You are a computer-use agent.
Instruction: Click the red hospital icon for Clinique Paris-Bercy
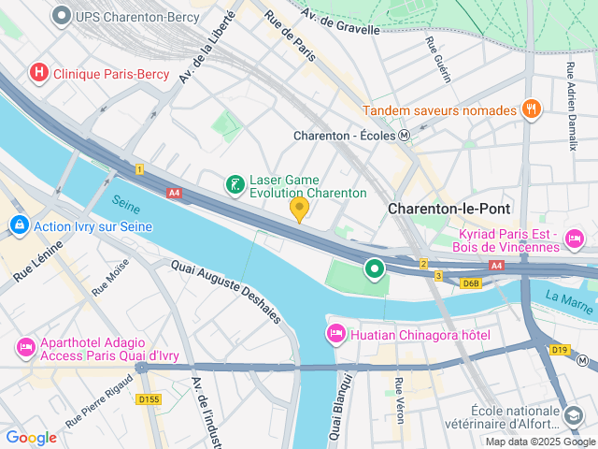coord(39,72)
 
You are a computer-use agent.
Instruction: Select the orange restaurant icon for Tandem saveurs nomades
coord(531,109)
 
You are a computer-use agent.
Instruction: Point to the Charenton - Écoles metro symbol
coord(404,135)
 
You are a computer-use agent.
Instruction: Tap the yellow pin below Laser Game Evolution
coord(299,209)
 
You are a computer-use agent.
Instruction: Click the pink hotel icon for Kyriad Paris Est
coord(574,240)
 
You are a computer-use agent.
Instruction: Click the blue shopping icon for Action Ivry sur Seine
coord(19,225)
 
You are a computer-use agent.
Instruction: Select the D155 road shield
coord(149,399)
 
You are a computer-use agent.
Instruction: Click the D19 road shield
coord(559,350)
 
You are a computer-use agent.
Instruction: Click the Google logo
coord(31,437)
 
